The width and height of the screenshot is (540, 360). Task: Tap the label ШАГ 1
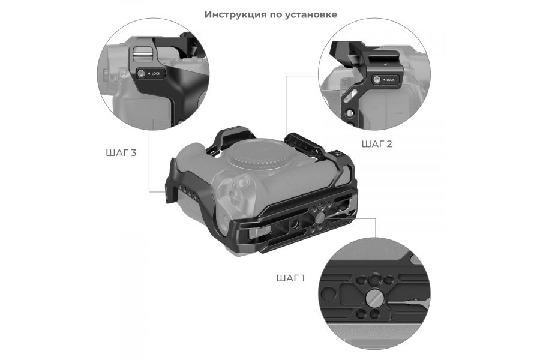(x=291, y=278)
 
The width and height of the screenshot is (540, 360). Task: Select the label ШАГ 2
(x=377, y=144)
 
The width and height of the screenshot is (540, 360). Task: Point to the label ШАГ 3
(x=120, y=152)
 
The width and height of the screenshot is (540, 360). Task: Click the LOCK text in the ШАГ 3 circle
(x=156, y=74)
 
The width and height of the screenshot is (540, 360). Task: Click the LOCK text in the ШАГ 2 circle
(x=389, y=80)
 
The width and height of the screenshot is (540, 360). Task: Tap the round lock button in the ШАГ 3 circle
(x=142, y=74)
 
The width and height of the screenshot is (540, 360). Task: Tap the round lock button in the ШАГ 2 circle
(x=377, y=80)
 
